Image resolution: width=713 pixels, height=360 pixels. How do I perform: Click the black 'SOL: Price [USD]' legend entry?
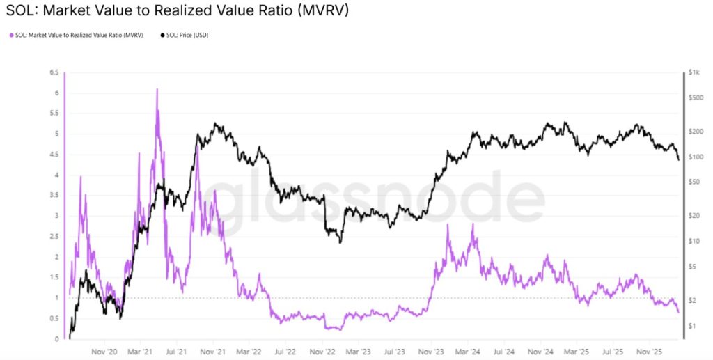(187, 36)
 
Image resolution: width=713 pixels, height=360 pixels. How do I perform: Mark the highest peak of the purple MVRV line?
(157, 89)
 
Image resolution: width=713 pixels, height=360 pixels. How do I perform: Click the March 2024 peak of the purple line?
(473, 224)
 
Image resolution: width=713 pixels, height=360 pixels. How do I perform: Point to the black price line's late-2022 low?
(340, 242)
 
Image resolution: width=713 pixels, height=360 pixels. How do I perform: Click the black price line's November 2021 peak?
(217, 124)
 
